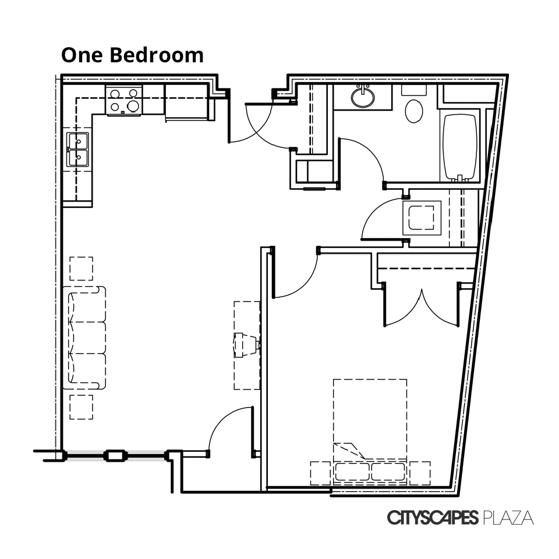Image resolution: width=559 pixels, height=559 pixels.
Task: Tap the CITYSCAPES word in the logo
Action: click(x=433, y=518)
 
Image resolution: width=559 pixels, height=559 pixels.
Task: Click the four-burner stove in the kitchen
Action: click(x=124, y=100)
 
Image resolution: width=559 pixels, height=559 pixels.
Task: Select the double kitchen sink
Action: click(x=77, y=150)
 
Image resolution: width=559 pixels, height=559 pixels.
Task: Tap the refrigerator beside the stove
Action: click(x=188, y=102)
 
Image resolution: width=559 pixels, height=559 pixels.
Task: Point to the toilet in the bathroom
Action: click(x=414, y=108)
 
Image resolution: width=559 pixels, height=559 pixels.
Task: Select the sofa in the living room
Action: click(x=85, y=338)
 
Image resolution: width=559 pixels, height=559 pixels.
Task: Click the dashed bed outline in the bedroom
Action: click(x=370, y=419)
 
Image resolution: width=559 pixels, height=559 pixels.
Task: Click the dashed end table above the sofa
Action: click(x=81, y=269)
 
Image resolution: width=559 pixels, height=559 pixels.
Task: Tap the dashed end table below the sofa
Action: click(x=81, y=407)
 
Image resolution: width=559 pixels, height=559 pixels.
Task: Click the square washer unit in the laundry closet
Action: click(x=422, y=218)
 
